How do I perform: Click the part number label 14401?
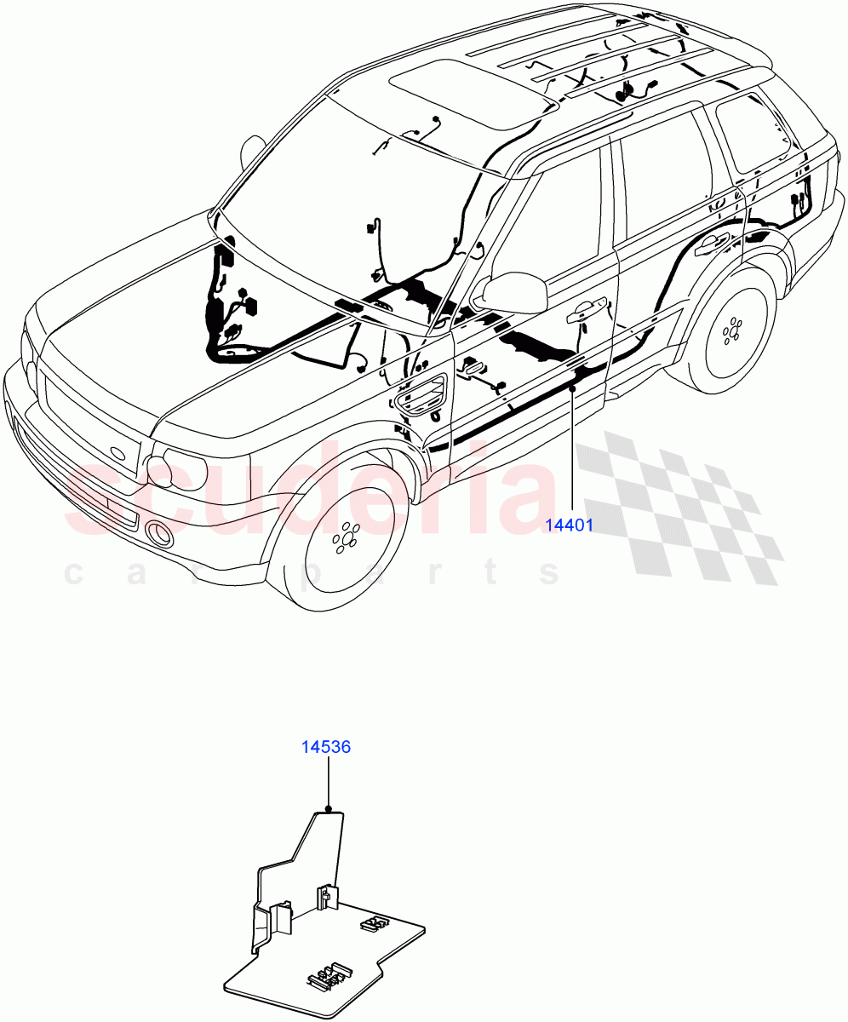point(569,525)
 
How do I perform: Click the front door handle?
point(587,310)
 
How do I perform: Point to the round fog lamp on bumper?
point(158,534)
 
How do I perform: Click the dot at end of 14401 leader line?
point(572,388)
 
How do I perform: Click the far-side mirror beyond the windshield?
point(252,151)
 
